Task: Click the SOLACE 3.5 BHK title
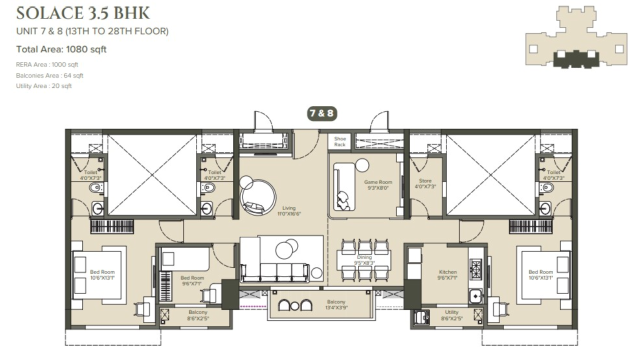[x=83, y=13]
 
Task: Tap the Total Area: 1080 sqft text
[x=61, y=49]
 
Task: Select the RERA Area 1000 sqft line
[x=47, y=64]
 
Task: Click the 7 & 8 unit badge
[x=321, y=113]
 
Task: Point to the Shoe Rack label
[x=340, y=142]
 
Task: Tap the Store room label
[x=425, y=183]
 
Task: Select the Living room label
[x=289, y=210]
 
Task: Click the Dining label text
[x=364, y=260]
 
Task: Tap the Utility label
[x=451, y=315]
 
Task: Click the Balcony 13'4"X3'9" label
[x=336, y=305]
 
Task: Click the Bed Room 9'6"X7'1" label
[x=192, y=280]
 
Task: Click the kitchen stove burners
[x=475, y=269]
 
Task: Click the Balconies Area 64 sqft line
[x=49, y=75]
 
